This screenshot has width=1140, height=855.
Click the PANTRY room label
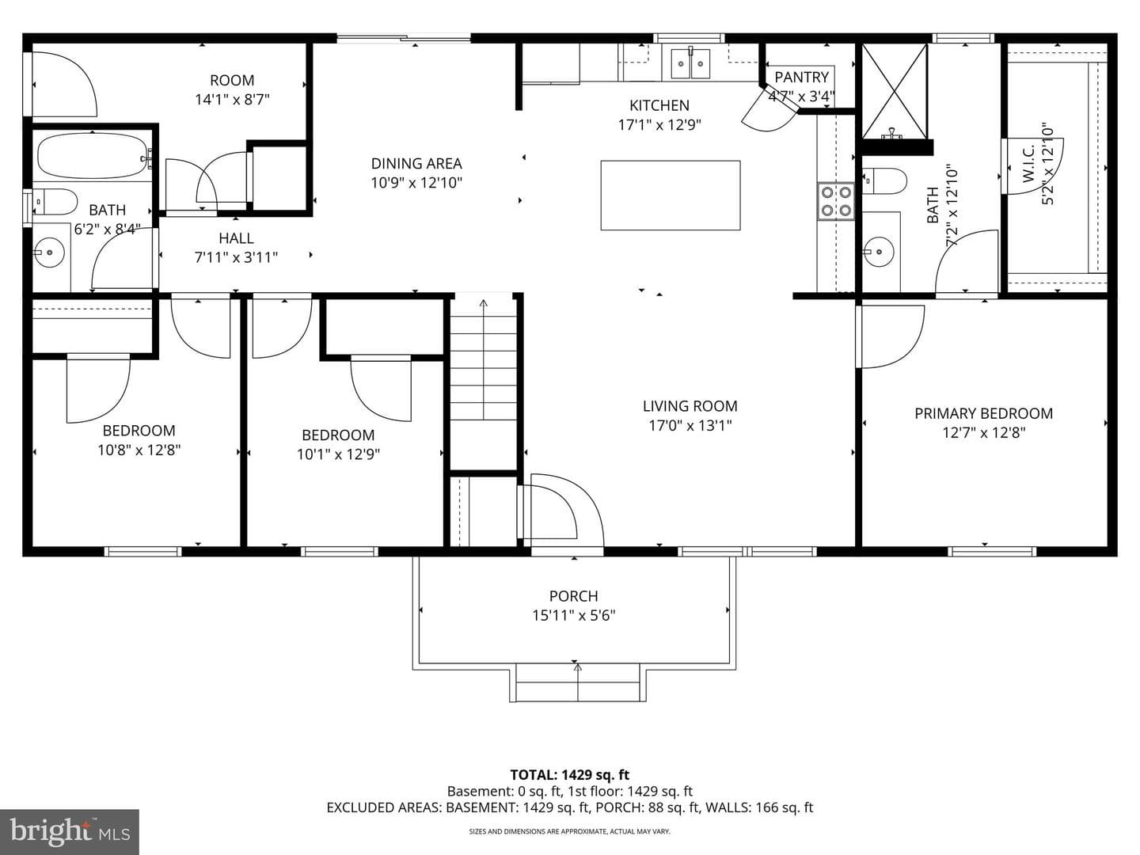801,78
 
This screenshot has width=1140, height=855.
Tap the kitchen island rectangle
671,196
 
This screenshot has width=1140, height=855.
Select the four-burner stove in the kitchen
836,201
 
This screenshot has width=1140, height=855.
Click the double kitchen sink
691,63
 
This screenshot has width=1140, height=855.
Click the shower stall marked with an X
895,92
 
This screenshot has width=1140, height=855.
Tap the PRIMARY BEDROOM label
984,414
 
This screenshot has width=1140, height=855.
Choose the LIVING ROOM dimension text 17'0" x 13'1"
690,426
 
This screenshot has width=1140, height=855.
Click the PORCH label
573,596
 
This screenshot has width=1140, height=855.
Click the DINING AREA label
416,164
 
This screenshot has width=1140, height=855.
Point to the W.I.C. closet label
1029,163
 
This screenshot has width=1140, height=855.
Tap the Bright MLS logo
70,832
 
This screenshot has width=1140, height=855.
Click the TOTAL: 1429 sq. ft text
570,775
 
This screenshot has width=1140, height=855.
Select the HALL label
236,238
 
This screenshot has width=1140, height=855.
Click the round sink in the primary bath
878,252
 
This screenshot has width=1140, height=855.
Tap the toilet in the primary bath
884,180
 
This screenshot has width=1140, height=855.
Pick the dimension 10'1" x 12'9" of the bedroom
338,454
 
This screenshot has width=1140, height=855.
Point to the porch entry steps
578,682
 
